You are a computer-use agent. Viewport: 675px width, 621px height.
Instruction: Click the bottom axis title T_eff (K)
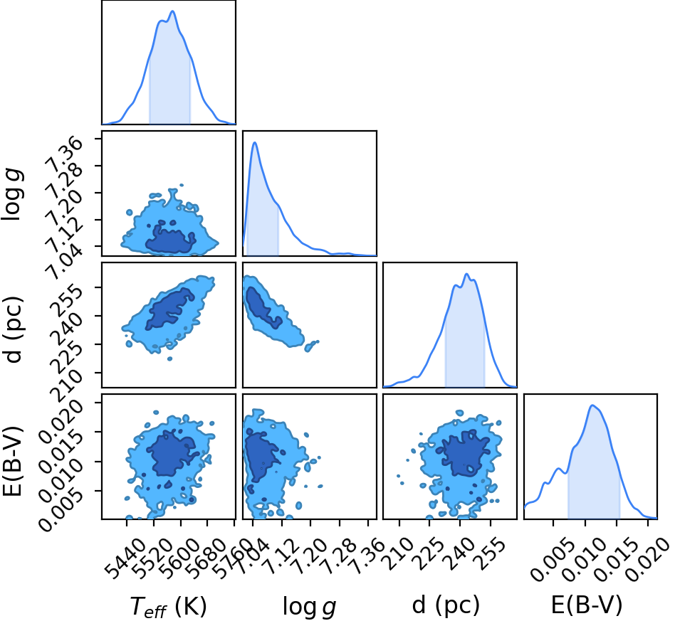168,607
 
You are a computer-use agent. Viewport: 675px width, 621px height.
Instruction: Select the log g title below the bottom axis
309,607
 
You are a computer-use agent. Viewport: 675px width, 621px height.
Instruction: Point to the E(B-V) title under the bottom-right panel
587,605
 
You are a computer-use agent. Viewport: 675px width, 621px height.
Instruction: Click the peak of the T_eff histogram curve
172,11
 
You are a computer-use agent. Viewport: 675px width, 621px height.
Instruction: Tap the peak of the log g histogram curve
254,142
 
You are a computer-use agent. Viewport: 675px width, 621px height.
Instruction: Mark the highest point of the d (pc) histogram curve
466,274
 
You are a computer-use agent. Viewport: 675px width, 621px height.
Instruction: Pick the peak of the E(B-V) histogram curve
592,405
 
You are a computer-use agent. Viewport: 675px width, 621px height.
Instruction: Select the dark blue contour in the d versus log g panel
261,306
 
